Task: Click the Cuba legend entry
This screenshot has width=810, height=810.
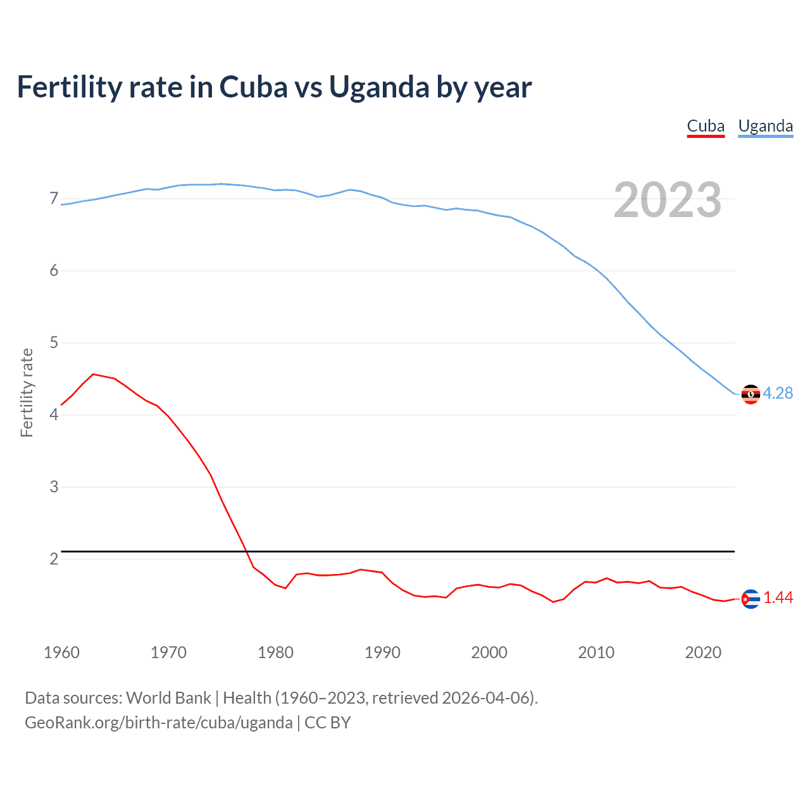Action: [x=706, y=126]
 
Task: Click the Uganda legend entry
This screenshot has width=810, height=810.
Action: [x=765, y=126]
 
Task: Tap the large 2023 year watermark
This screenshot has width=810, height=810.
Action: [x=667, y=200]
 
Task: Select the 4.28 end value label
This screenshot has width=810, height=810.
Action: [x=778, y=393]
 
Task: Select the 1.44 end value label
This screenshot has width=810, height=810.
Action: [x=778, y=597]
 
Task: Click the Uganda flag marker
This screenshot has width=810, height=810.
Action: [x=751, y=394]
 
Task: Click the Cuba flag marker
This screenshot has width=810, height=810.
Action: [x=751, y=599]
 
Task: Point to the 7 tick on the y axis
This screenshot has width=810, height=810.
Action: [x=54, y=199]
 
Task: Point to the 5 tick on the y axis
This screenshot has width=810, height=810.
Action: [x=54, y=343]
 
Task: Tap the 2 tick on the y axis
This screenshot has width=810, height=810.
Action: [x=54, y=559]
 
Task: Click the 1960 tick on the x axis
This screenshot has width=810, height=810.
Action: [x=61, y=652]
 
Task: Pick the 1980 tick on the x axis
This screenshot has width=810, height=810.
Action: [x=275, y=652]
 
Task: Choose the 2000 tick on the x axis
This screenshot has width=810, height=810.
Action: [x=489, y=652]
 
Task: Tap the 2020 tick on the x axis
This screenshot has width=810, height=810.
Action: [x=703, y=652]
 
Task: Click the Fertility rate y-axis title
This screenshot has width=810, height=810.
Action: [x=27, y=392]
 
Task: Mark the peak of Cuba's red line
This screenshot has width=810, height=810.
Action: [x=93, y=374]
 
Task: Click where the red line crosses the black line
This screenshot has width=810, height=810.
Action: [x=246, y=552]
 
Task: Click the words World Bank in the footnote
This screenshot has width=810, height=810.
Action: [x=168, y=698]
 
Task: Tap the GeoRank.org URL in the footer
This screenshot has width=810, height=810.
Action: [x=159, y=723]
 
